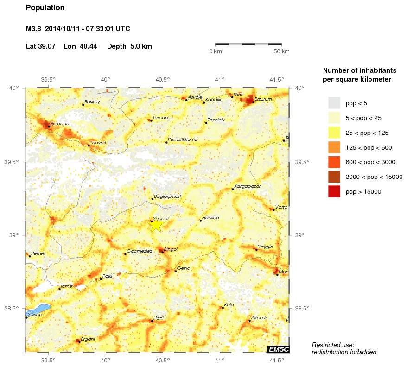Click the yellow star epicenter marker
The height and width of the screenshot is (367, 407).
[x=157, y=225]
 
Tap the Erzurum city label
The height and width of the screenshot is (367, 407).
[x=263, y=99]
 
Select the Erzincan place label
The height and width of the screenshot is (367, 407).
[x=59, y=123]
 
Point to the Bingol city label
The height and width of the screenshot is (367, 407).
[x=171, y=249]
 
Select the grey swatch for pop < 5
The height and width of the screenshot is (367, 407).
[x=334, y=103]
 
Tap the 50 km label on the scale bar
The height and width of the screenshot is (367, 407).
[x=282, y=51]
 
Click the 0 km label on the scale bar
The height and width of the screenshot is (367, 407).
[x=216, y=51]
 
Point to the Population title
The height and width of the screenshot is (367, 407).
[x=45, y=8]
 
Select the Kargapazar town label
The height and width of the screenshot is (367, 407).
[x=248, y=186]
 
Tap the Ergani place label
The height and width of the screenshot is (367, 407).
[x=88, y=339]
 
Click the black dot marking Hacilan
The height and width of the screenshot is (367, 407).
[x=201, y=221]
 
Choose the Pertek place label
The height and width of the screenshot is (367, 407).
[x=38, y=253]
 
